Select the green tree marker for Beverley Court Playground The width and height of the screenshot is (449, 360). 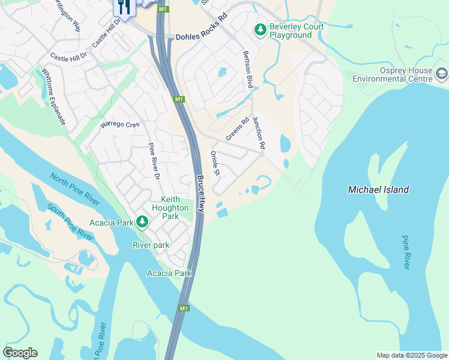point(260,29)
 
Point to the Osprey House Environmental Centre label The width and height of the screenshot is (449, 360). point(392,74)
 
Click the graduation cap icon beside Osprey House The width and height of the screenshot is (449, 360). point(442,74)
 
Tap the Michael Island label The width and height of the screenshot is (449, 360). point(378,190)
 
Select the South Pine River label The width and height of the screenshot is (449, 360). point(71,223)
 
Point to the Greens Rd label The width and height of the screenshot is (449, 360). point(237,130)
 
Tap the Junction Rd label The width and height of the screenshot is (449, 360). point(259,133)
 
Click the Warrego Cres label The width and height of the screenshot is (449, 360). point(119,124)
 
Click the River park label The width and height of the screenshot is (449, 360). point(151,245)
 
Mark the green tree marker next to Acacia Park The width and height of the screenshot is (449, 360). point(142,223)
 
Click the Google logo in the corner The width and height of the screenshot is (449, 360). point(20,353)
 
